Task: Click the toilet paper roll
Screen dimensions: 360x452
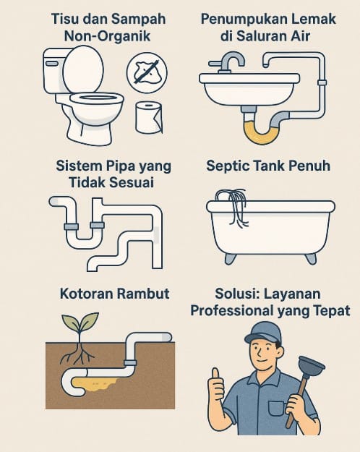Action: coord(149,117)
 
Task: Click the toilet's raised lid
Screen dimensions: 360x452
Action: coord(83,69)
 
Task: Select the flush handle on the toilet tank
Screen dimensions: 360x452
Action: coord(51,63)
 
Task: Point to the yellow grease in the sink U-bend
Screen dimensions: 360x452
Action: coord(262,134)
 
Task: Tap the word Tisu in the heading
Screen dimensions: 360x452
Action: coord(64,19)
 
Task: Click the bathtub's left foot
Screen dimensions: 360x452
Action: coord(231,258)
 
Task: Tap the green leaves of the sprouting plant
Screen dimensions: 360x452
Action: coord(80,322)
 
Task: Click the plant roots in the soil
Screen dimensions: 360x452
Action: coord(78,354)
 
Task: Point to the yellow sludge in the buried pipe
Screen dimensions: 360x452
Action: coord(95,384)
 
